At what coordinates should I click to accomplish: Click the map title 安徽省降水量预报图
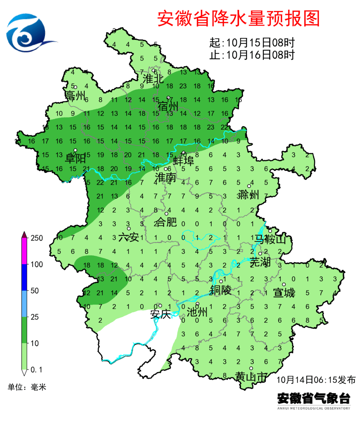click(238, 19)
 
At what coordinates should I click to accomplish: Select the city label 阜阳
click(75, 158)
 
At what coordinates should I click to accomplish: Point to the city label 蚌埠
click(183, 161)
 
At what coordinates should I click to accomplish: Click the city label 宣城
click(284, 293)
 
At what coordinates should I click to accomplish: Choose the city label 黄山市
click(251, 377)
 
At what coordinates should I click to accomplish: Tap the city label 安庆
click(160, 314)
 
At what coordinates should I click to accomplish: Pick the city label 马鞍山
click(270, 239)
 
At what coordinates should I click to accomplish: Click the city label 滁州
click(248, 195)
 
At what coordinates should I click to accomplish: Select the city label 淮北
click(153, 79)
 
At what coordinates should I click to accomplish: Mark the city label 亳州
click(75, 96)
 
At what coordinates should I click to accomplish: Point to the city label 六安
click(129, 237)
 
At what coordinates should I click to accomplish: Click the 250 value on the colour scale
click(37, 238)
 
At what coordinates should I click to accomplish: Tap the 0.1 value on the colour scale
click(36, 370)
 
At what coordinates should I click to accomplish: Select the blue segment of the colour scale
click(24, 277)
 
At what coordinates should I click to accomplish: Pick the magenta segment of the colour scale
click(24, 251)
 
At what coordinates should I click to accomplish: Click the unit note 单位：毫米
click(27, 387)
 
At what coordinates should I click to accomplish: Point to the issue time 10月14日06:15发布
click(316, 380)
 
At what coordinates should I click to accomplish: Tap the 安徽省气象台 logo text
click(314, 398)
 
